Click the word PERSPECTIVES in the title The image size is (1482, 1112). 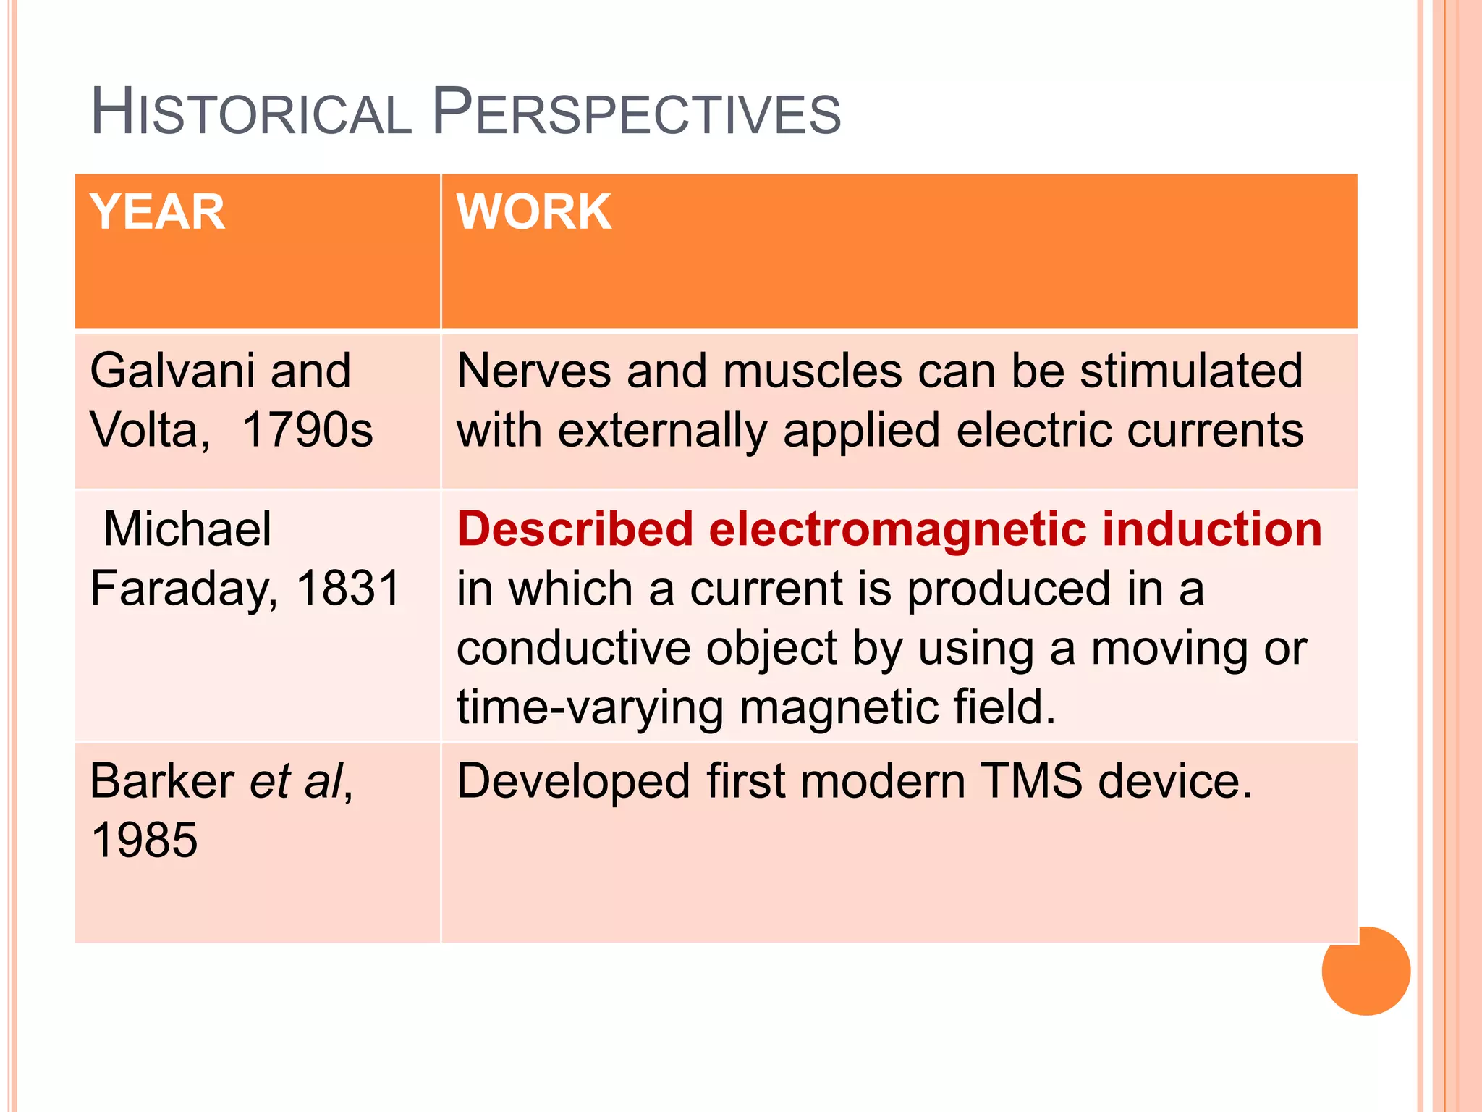point(637,113)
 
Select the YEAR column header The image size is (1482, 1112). point(157,212)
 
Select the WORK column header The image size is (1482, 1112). point(534,212)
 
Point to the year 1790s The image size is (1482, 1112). point(307,430)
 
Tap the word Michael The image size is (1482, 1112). point(187,528)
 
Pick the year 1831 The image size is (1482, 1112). point(348,588)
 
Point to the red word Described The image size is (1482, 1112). point(575,528)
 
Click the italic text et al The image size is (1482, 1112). point(296,782)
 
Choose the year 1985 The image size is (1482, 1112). point(144,841)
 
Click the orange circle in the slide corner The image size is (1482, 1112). point(1365,972)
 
